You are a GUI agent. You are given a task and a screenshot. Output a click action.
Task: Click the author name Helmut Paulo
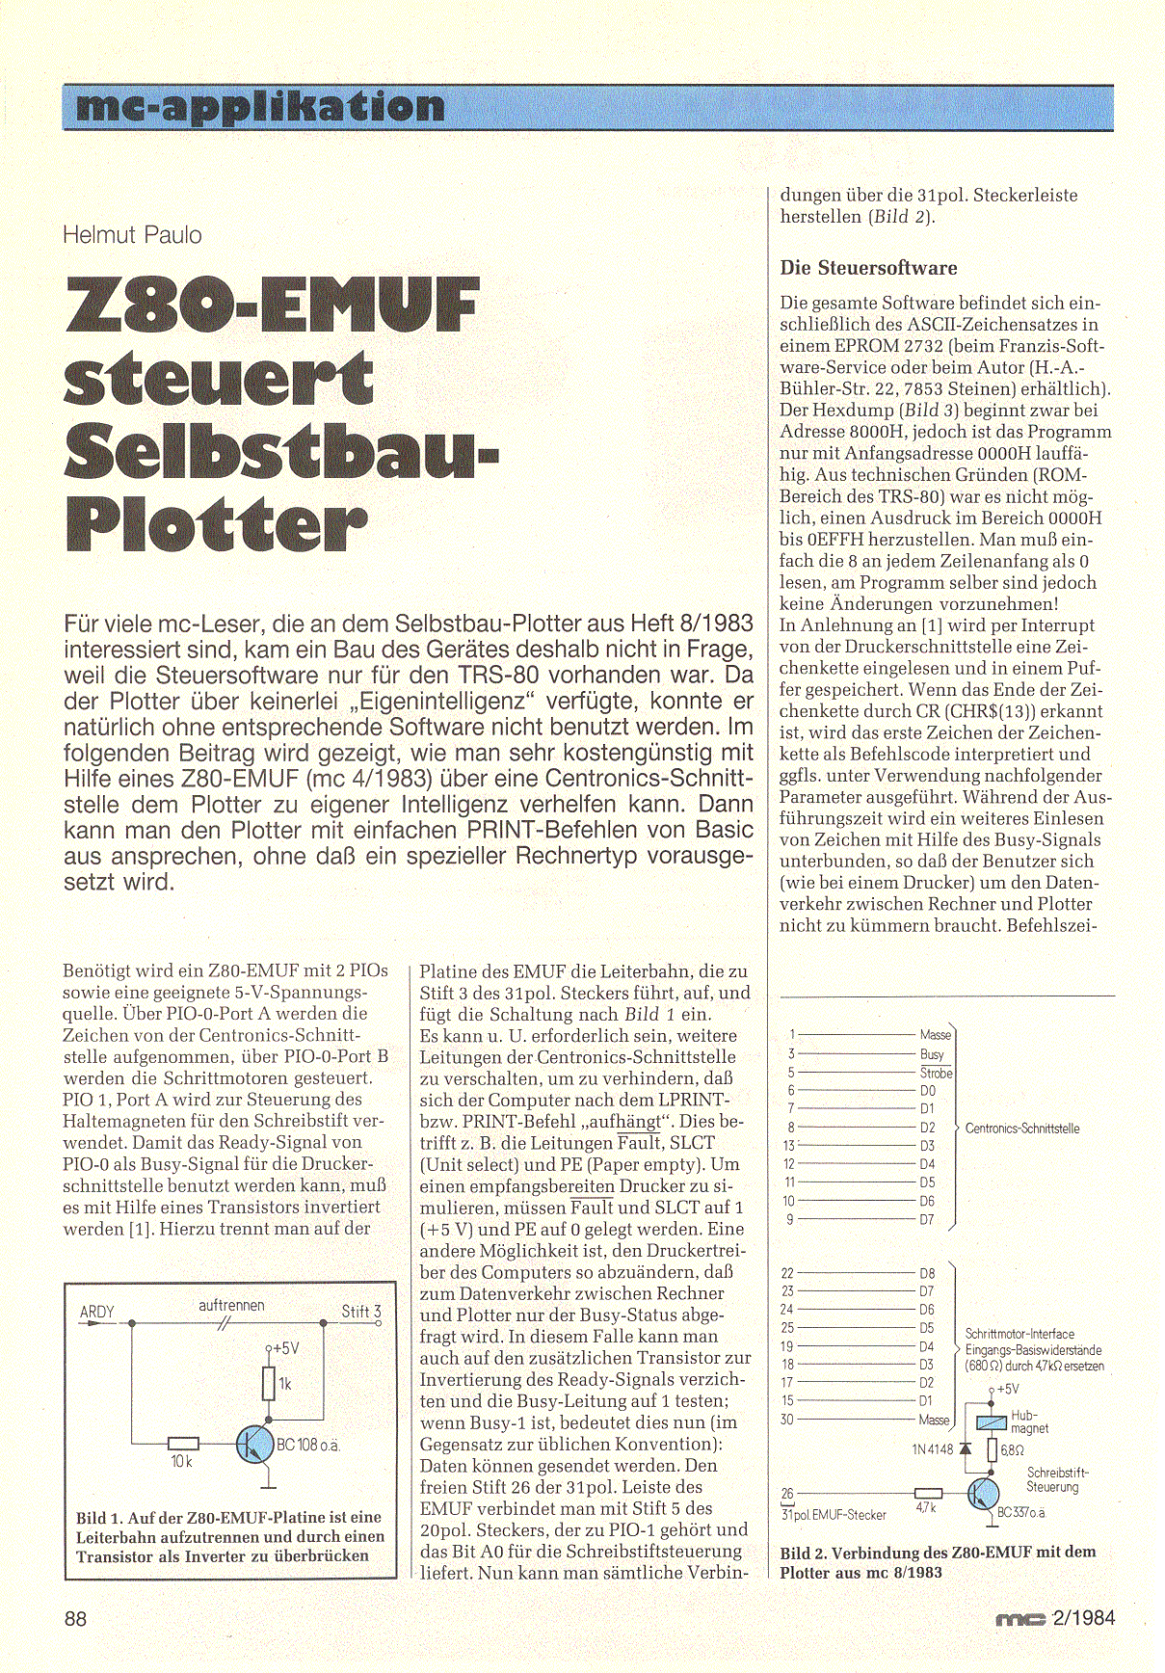pos(132,235)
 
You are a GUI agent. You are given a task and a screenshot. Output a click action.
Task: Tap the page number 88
pos(75,1618)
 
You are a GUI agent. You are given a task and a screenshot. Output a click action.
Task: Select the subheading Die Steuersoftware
pos(868,268)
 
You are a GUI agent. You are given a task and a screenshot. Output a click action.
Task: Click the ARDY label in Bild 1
pos(97,1312)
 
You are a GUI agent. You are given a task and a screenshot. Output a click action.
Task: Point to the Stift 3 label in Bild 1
pos(361,1311)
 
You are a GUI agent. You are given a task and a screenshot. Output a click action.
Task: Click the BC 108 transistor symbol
pos(255,1445)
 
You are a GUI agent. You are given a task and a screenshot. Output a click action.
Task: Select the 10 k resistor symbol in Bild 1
pos(183,1444)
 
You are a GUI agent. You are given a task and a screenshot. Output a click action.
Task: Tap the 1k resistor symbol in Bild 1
pos(269,1384)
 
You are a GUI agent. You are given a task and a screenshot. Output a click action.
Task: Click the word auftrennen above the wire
pos(231,1305)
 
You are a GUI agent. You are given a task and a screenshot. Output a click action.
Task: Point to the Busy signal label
pos(932,1054)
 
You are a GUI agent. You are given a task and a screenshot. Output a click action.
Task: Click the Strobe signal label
pos(936,1073)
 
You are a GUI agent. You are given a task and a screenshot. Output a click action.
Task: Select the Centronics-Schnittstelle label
pos(1021,1129)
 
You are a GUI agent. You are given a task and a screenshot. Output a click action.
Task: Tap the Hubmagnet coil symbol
pos(992,1422)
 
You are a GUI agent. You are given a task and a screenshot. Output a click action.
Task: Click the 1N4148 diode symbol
pos(966,1448)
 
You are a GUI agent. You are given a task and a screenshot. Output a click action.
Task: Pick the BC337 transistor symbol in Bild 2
pos(984,1494)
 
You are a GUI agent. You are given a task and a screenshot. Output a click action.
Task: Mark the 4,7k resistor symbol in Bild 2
pos(927,1494)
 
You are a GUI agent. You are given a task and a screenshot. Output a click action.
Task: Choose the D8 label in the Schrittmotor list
pos(926,1273)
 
